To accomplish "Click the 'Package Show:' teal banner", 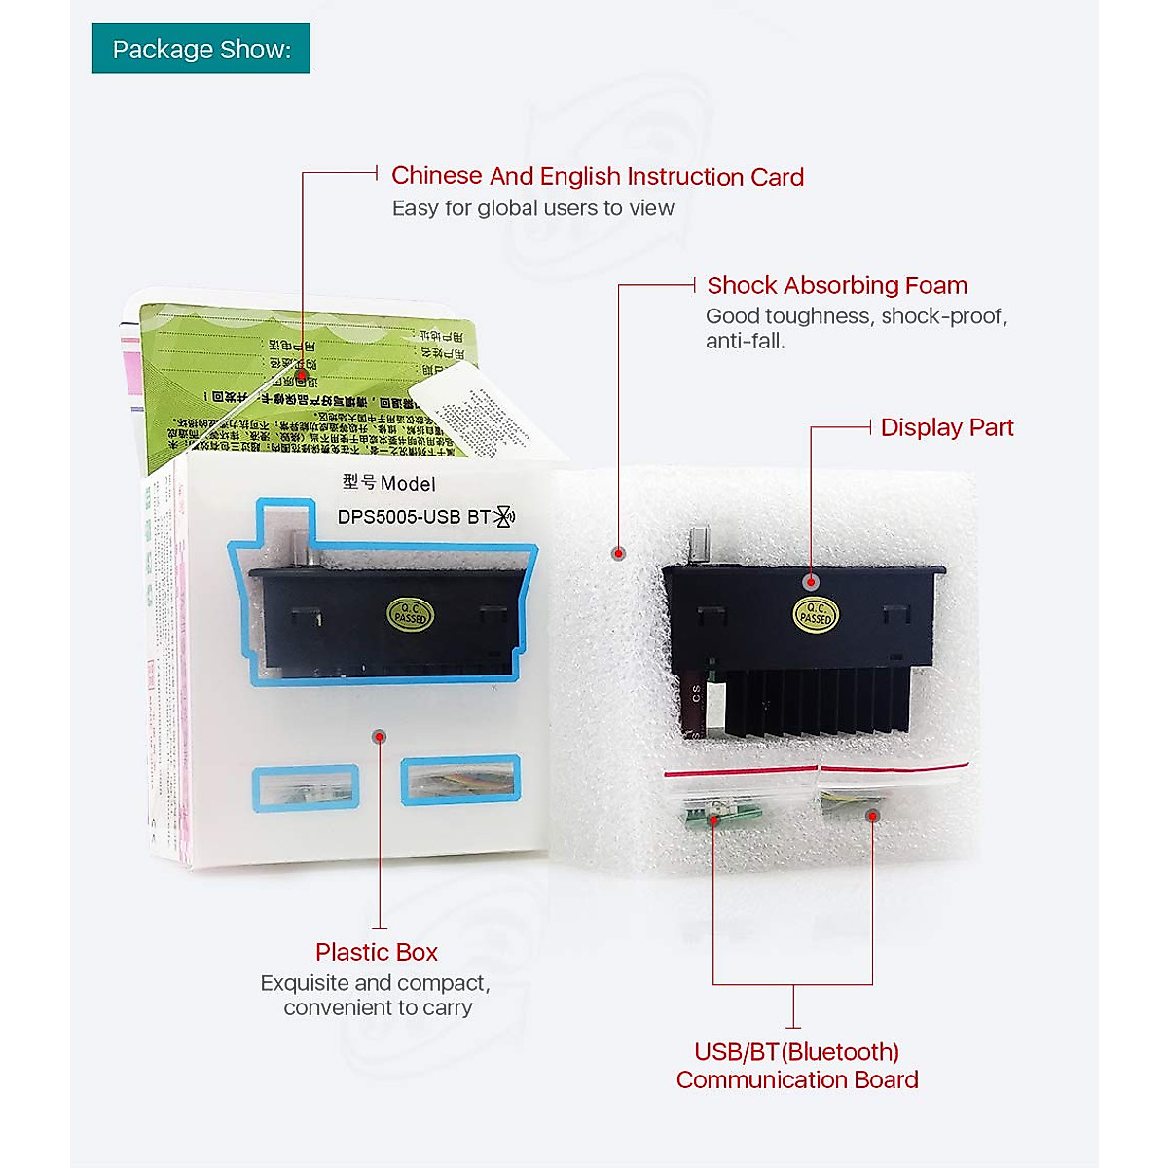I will tap(201, 49).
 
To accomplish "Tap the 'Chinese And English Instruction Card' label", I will tap(597, 176).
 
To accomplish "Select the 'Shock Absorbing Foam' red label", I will tap(837, 285).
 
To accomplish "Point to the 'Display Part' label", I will tap(946, 427).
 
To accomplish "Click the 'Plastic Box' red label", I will tap(376, 952).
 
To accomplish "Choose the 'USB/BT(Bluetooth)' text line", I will tap(796, 1052).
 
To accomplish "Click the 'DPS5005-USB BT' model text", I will tap(413, 517).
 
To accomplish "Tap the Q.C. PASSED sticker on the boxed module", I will tap(409, 614).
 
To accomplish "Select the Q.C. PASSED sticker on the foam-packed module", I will tap(815, 614).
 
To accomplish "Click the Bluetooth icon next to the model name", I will tap(504, 517).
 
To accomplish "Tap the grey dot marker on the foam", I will tap(618, 554).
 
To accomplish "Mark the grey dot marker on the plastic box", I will tap(379, 736).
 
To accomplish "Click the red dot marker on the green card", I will tap(302, 374).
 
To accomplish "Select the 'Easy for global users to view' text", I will tap(532, 208).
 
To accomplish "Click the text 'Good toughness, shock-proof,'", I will tap(856, 316).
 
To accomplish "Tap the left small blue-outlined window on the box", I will tap(306, 787).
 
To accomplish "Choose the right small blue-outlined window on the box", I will tap(460, 781).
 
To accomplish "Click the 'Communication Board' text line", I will tap(796, 1079).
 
